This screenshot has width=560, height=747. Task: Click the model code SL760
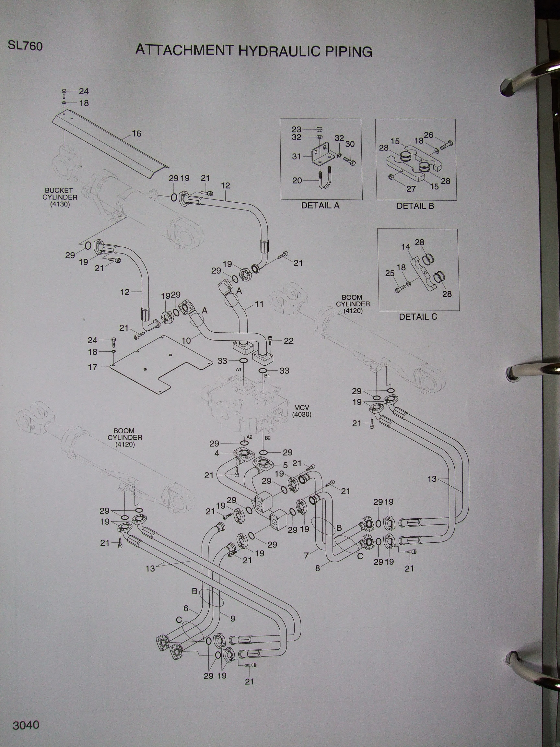25,46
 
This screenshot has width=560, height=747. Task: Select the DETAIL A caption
320,205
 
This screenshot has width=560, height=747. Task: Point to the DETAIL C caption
418,317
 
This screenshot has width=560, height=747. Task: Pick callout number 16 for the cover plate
136,134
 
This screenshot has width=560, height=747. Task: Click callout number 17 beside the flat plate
92,367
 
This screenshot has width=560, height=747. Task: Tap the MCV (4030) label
301,411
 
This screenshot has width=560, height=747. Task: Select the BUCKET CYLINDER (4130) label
60,197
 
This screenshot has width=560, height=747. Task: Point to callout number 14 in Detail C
405,247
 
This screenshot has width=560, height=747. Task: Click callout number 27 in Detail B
411,189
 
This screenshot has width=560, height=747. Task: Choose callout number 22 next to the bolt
289,341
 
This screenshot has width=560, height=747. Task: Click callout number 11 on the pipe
259,304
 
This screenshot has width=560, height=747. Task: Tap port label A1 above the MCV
239,370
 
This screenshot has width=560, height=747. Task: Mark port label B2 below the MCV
268,438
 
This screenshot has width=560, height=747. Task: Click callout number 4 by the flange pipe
217,454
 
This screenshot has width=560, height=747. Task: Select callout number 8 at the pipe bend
317,568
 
